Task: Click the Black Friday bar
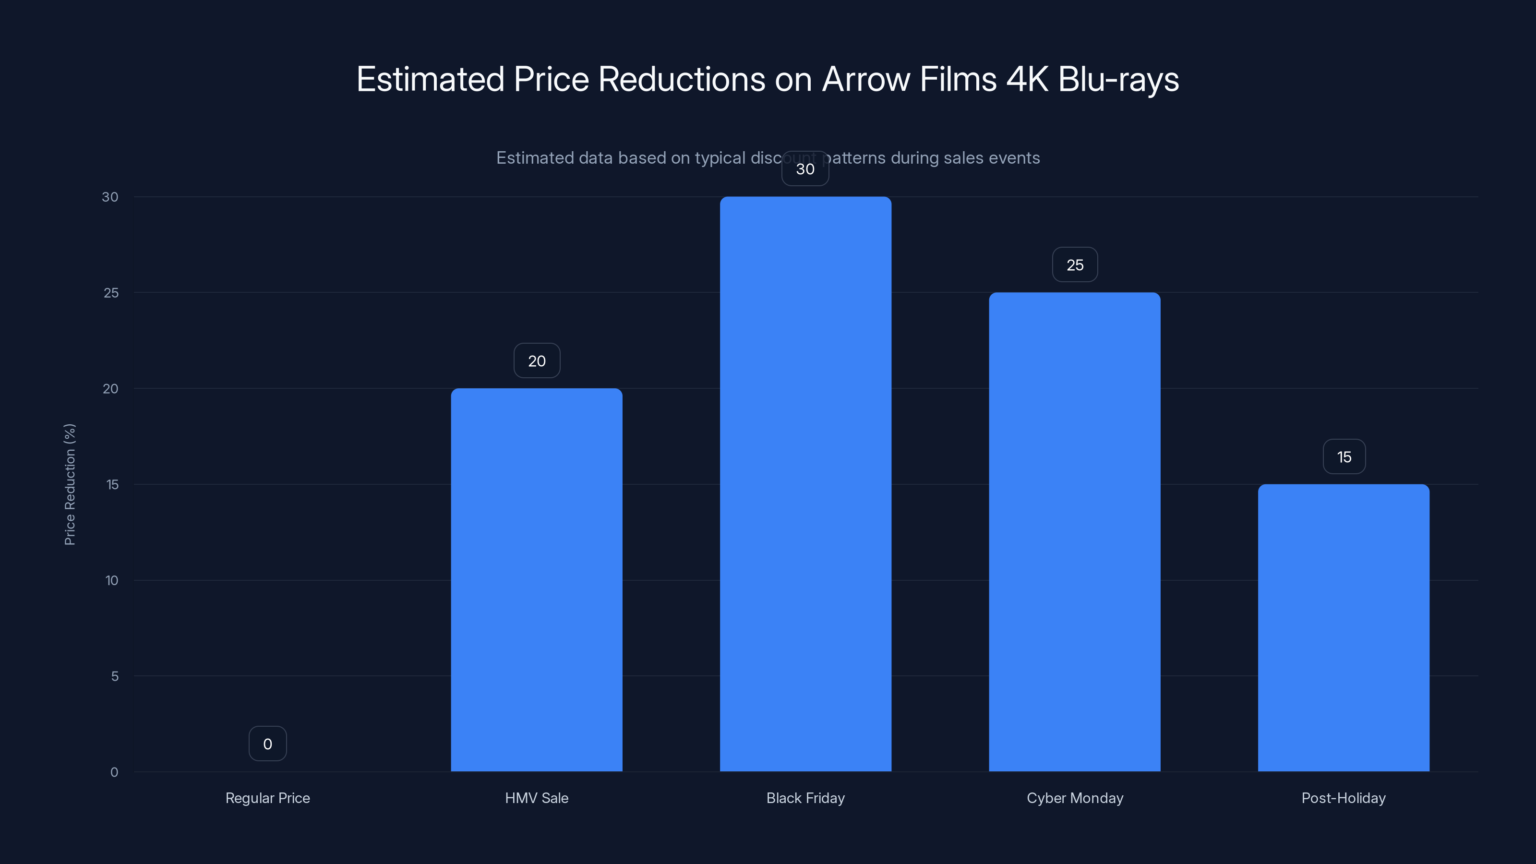click(x=805, y=483)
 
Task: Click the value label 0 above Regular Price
click(x=268, y=744)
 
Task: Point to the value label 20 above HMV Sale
click(x=537, y=361)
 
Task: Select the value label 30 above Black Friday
click(x=805, y=169)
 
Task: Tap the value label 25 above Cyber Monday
click(x=1075, y=265)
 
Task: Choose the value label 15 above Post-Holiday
click(x=1344, y=457)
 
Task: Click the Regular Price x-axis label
click(x=268, y=798)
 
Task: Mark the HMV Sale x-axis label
click(x=537, y=798)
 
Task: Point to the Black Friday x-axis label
click(x=805, y=798)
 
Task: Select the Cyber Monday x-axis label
click(x=1075, y=798)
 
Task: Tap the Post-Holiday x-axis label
click(x=1344, y=798)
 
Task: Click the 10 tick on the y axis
click(x=111, y=580)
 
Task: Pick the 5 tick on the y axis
click(x=115, y=676)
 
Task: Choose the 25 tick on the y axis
click(x=111, y=293)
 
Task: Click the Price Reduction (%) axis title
click(x=70, y=484)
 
